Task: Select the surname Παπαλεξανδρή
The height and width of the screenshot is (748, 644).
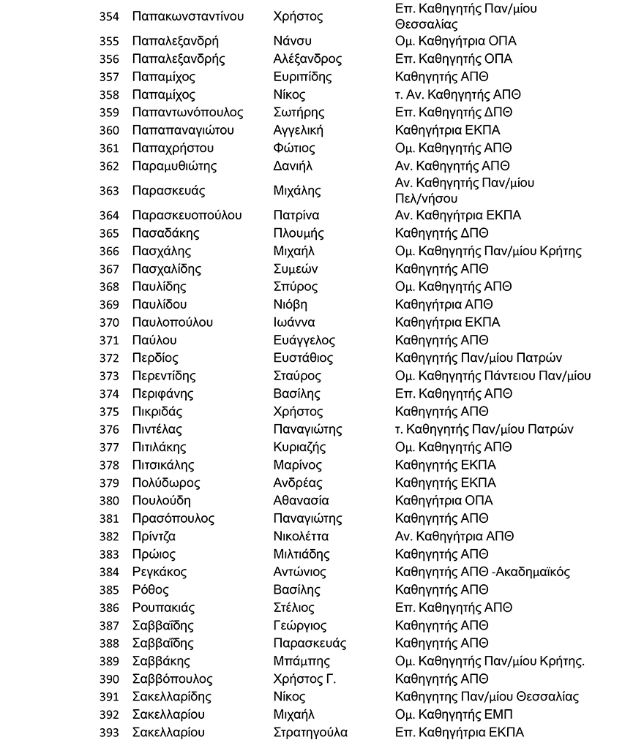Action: tap(175, 41)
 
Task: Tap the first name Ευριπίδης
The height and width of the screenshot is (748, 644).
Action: tap(302, 77)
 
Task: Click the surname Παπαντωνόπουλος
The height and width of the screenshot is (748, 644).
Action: tap(187, 113)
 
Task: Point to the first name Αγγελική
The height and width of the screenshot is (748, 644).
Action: tap(297, 130)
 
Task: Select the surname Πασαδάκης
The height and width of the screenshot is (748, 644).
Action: tap(165, 233)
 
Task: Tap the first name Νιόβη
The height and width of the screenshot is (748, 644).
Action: tap(290, 304)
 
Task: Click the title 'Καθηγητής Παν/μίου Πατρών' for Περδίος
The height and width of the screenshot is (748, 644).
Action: tap(478, 358)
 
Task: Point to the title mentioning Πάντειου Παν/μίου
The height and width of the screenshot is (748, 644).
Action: tap(493, 376)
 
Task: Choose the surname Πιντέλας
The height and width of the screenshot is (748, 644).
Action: tap(157, 429)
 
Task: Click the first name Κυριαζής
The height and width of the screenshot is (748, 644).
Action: tap(299, 447)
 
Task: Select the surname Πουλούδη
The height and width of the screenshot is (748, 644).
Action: tap(161, 501)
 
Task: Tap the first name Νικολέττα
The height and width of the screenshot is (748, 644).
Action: tap(300, 536)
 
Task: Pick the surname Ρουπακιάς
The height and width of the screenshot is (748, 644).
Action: tap(165, 608)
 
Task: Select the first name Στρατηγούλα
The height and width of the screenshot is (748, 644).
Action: tap(310, 732)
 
